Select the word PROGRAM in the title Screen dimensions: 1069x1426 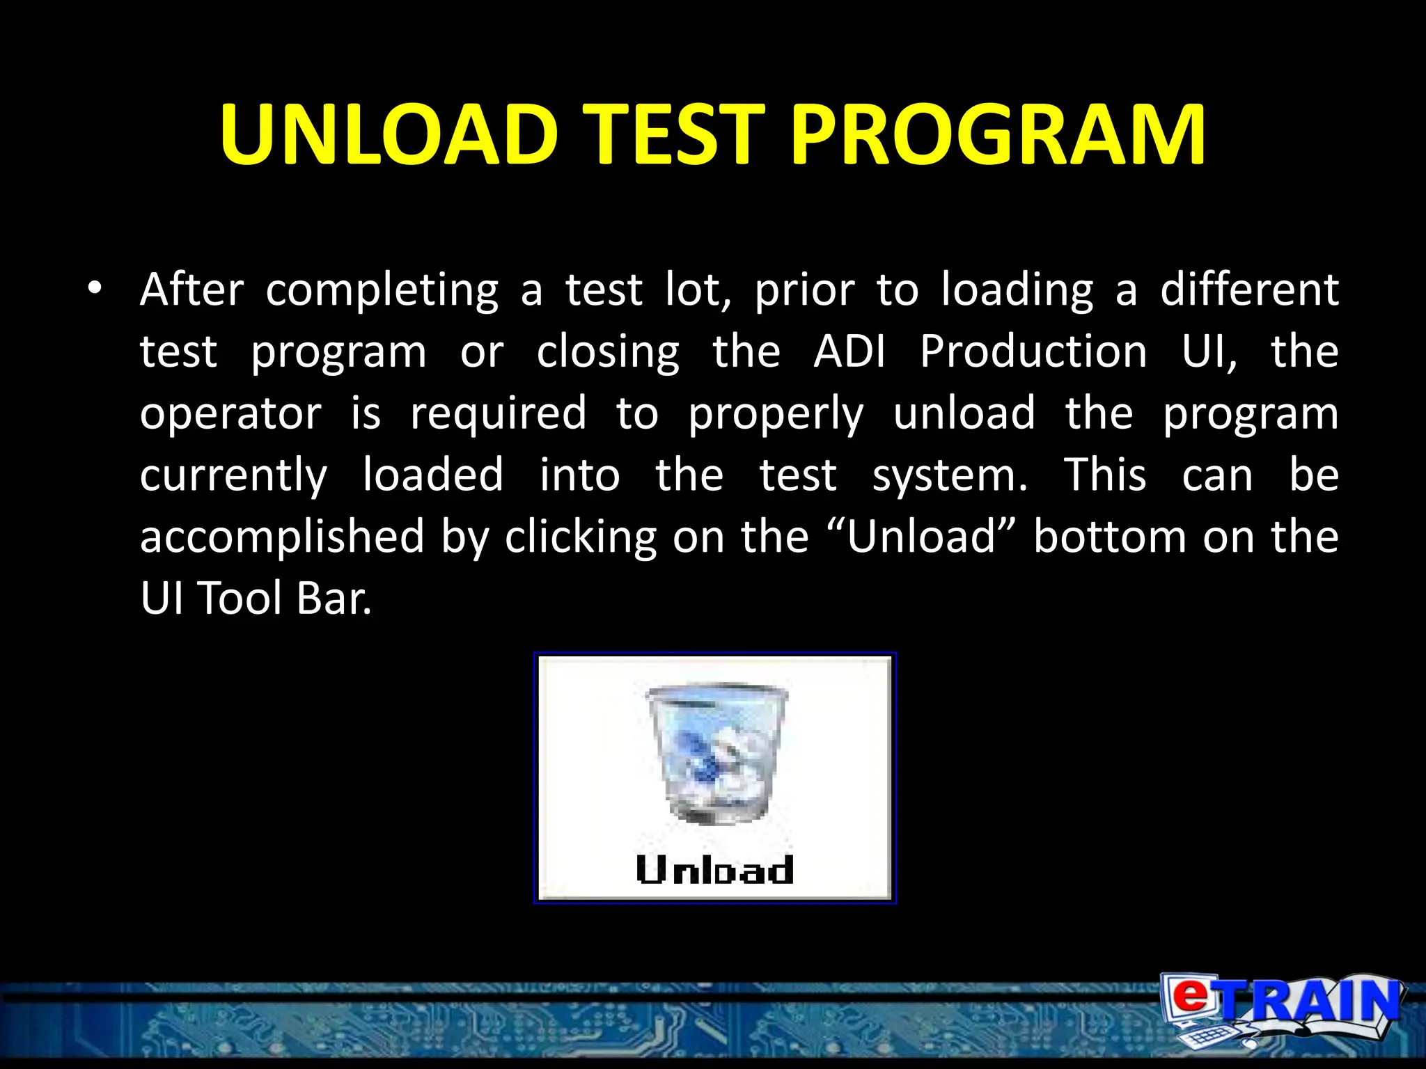tap(998, 134)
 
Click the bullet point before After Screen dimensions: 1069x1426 tap(95, 287)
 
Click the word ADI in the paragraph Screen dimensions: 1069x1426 tap(849, 351)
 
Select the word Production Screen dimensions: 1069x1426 tap(1033, 351)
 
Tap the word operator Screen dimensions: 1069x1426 tap(230, 414)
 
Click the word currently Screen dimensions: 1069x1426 tap(233, 477)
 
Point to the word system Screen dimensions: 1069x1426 tap(949, 477)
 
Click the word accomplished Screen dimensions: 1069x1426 tap(282, 537)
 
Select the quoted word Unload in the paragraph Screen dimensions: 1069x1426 tap(922, 537)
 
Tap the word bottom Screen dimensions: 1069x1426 tap(1109, 537)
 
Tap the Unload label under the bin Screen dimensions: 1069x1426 tap(714, 870)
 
